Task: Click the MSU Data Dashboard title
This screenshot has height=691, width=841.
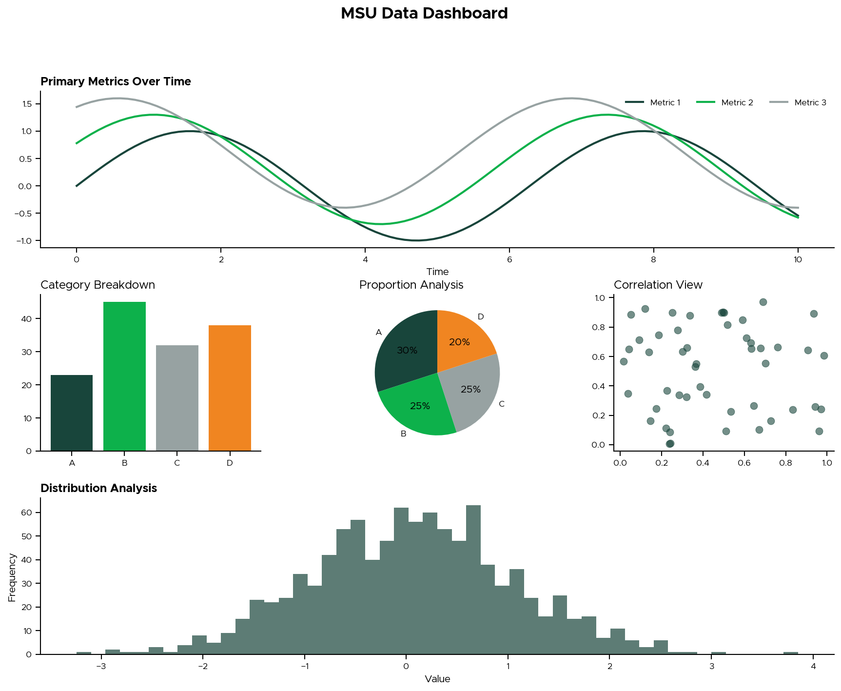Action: coord(424,13)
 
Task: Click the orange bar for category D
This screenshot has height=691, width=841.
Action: coord(230,388)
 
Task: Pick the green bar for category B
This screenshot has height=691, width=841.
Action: coord(124,376)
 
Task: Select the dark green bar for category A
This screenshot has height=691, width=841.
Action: coord(72,413)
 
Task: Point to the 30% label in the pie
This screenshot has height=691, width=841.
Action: coord(407,350)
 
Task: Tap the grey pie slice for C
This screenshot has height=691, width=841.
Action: coord(475,390)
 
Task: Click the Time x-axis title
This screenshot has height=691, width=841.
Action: coord(437,272)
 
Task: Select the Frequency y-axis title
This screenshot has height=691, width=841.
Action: coord(12,577)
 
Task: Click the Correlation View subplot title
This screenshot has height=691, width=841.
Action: coord(658,285)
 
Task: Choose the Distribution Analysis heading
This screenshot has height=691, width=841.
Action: coord(98,488)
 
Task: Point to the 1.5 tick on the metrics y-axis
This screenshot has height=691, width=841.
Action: coord(27,104)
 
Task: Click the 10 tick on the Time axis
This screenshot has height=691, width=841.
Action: coord(798,259)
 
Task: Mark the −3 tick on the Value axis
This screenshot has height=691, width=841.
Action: coord(101,667)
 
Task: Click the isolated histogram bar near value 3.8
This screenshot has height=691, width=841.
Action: coord(791,652)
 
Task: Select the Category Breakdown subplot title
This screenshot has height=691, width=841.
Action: coord(98,285)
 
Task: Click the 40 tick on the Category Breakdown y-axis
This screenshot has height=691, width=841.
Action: coord(27,319)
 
